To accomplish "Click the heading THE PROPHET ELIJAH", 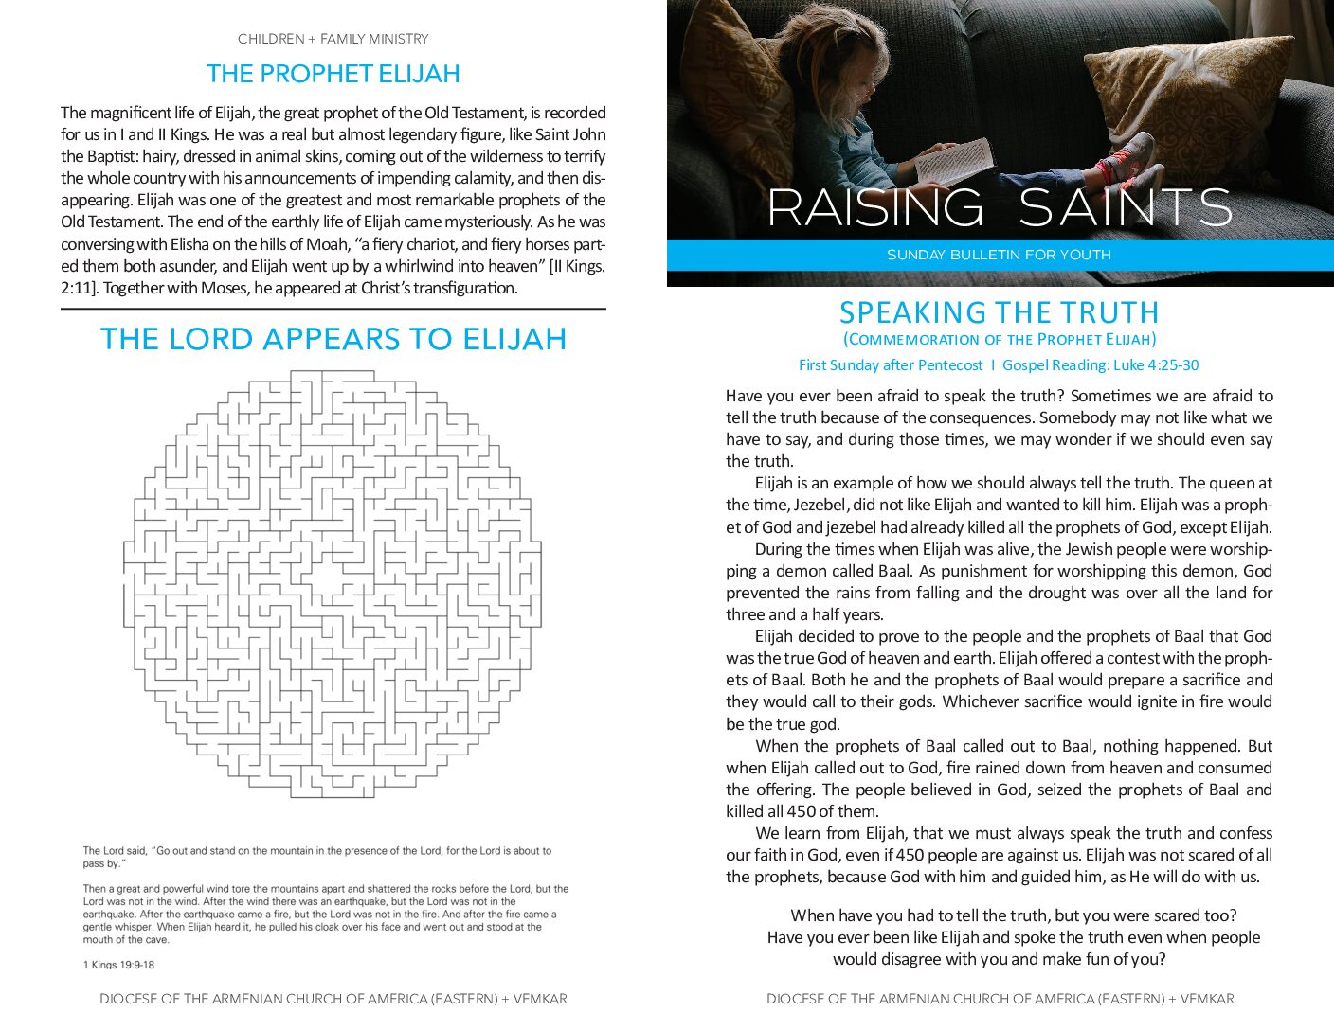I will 333,74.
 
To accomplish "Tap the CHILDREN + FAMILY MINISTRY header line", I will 333,39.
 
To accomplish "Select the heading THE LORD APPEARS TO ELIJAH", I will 333,339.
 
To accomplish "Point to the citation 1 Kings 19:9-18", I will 118,965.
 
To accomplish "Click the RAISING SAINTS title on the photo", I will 999,207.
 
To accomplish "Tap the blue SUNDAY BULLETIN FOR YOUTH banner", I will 999,255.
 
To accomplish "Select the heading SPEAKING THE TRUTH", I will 999,312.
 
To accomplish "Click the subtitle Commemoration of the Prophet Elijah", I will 999,339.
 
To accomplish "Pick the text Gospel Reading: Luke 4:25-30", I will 1100,365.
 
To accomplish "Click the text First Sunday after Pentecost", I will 891,365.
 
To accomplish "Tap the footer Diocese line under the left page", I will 333,999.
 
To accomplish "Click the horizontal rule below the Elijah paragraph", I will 333,309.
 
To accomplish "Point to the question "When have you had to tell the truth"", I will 1013,915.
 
